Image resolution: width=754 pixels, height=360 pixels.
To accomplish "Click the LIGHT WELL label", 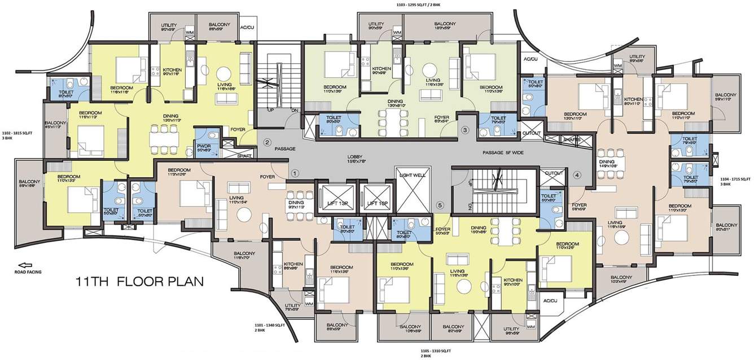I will [x=412, y=175].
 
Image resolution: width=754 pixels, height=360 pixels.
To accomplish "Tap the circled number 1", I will [x=294, y=173].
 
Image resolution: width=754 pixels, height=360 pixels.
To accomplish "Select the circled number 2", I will [x=268, y=142].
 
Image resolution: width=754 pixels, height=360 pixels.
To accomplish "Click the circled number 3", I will [x=465, y=130].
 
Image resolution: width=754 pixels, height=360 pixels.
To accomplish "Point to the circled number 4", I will [x=577, y=175].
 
